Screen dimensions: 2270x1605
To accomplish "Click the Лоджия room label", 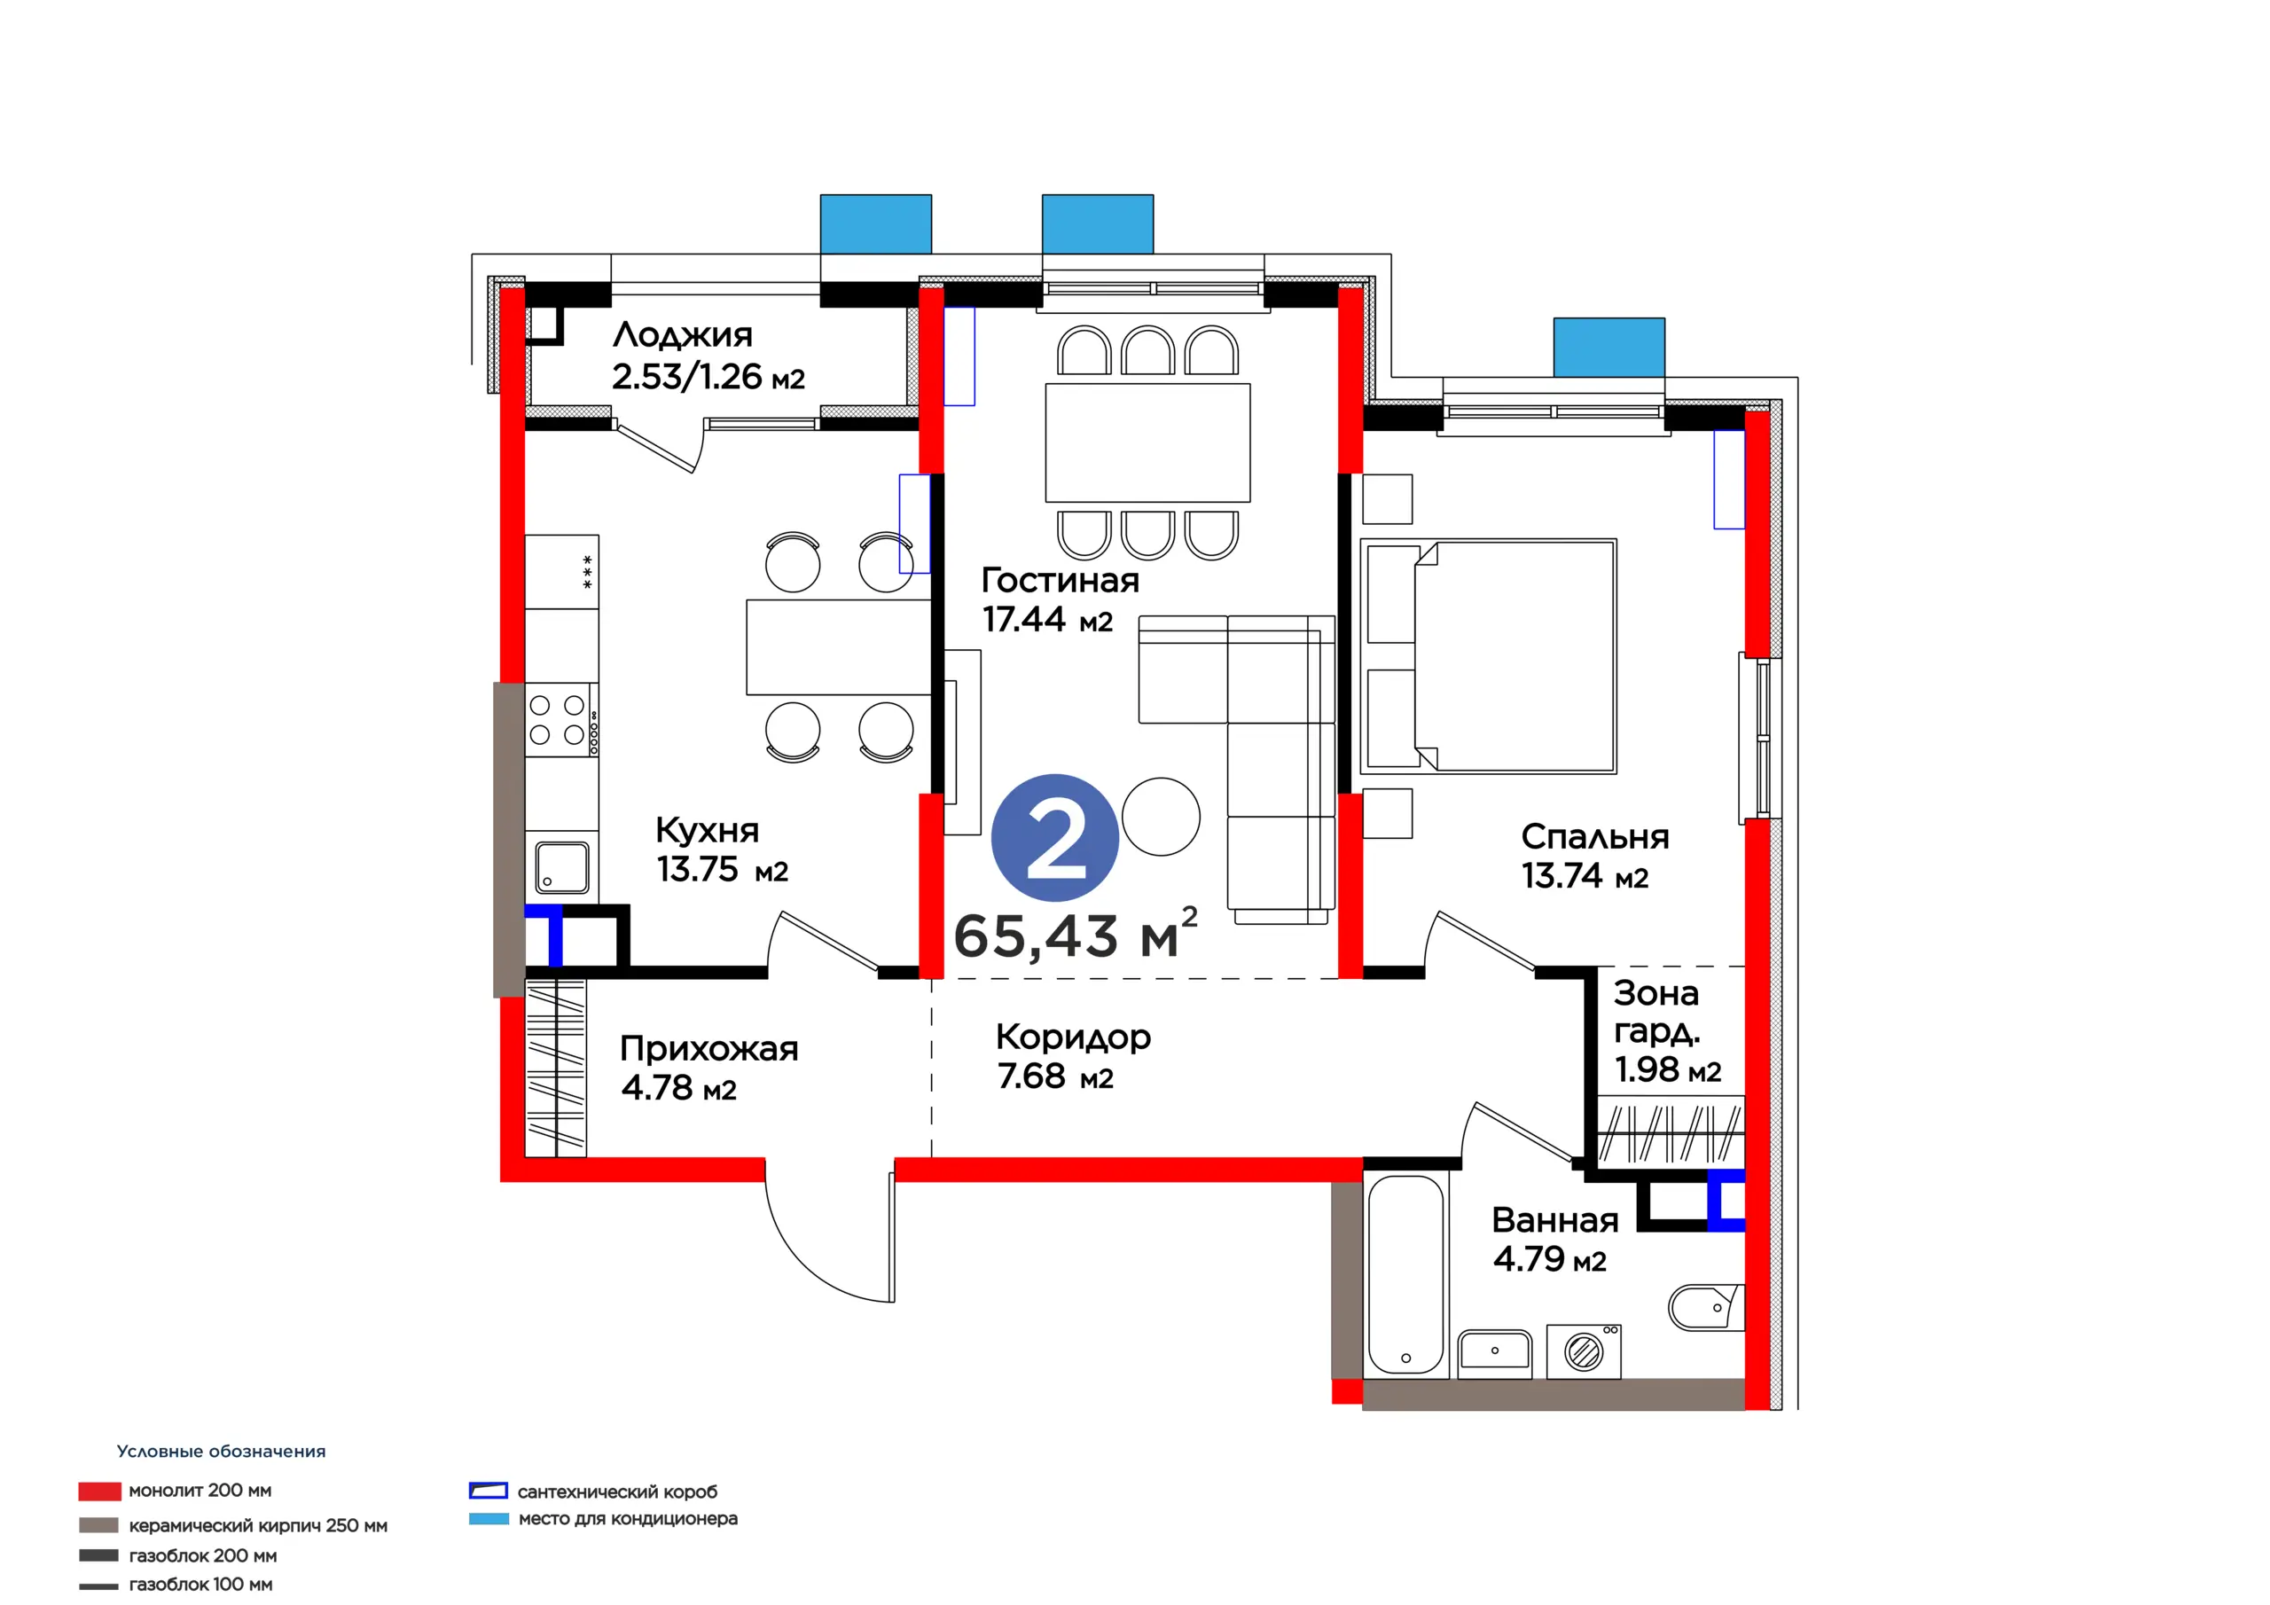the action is pos(682,335).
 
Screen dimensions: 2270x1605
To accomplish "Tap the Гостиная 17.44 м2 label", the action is pos(1060,599).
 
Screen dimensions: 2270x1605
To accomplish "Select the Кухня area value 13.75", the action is pos(697,869).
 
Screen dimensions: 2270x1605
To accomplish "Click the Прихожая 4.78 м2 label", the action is pos(708,1068).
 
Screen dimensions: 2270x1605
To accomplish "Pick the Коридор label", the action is pos(1074,1037).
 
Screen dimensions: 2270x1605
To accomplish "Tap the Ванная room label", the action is pos(1555,1220).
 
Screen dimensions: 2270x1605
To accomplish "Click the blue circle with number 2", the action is pos(1055,838).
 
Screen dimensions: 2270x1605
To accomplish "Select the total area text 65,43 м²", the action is pos(1076,934).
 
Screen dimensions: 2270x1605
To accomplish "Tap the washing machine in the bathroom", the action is pos(1584,1351).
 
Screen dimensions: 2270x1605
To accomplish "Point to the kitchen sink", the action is pos(562,867).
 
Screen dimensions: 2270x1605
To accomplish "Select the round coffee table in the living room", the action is pos(1161,817).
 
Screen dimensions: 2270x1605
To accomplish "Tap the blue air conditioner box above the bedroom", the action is pos(1609,347).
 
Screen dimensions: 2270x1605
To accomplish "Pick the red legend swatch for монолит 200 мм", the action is pos(100,1491).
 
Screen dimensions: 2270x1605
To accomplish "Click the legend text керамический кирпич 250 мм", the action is pos(258,1526).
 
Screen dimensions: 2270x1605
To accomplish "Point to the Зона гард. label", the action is pos(1657,1012).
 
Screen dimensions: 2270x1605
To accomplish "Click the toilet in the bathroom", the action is pos(1705,1307).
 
